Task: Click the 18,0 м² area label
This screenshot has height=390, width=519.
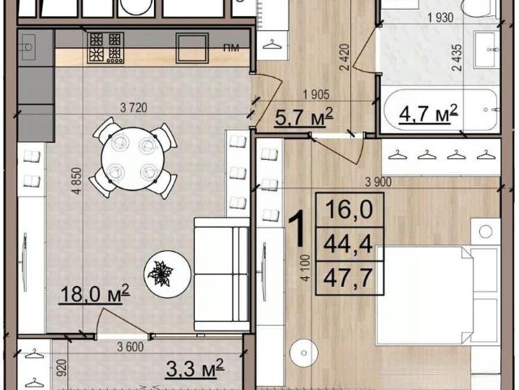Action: click(94, 293)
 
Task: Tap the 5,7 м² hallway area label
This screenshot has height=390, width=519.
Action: click(303, 117)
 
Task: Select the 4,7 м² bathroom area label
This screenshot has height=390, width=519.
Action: click(428, 114)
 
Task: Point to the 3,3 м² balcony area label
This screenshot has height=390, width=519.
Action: click(195, 368)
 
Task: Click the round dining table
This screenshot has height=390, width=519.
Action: click(133, 158)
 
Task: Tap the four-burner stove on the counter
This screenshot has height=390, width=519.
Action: click(105, 48)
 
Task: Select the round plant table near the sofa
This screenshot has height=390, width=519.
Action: click(168, 274)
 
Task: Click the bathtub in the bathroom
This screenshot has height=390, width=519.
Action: click(440, 110)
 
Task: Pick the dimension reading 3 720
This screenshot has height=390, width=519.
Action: click(133, 107)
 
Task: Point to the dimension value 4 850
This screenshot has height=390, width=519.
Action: click(76, 180)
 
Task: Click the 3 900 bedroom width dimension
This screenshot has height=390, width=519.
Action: click(378, 182)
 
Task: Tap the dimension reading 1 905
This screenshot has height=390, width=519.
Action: click(316, 95)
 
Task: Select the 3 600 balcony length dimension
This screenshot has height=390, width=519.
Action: click(130, 347)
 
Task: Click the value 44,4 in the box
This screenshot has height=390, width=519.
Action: click(348, 244)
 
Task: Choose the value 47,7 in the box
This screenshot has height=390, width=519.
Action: click(348, 278)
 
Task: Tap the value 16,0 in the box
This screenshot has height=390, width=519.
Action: click(349, 209)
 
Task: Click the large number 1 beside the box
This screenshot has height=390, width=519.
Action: click(298, 229)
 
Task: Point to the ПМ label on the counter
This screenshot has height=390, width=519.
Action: click(231, 48)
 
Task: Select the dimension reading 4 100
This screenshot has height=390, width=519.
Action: click(306, 267)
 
